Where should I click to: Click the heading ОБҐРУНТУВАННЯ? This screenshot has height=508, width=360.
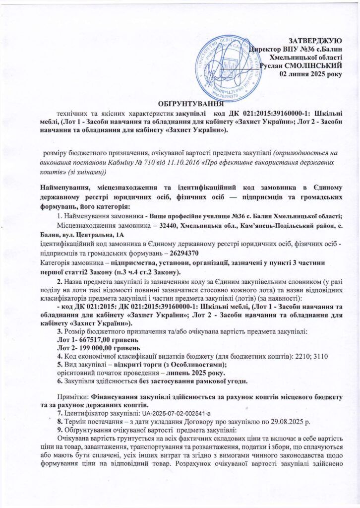[190, 104]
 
